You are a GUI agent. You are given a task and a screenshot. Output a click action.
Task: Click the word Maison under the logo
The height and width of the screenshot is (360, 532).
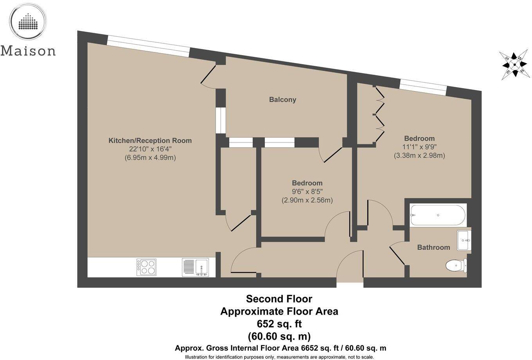(x=28, y=51)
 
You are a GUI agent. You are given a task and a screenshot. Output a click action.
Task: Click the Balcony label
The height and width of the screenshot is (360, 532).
(x=282, y=99)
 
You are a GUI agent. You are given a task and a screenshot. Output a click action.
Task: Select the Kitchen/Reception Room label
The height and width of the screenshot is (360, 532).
(x=150, y=140)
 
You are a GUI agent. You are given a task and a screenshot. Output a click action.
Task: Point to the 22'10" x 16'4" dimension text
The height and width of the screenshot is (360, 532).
(x=150, y=149)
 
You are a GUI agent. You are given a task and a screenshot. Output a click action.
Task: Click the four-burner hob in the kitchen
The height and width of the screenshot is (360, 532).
(x=146, y=267)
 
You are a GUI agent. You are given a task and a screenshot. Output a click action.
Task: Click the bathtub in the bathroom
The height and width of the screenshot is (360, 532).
(x=438, y=215)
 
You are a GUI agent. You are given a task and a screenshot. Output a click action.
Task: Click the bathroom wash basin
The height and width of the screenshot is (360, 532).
(x=464, y=240)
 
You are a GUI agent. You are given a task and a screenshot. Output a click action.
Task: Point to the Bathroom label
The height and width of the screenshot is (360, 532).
(x=433, y=247)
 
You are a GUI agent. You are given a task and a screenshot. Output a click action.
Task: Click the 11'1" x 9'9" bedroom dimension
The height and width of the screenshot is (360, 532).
(x=419, y=147)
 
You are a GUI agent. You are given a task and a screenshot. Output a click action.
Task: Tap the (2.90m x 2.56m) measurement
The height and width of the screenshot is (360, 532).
(x=307, y=200)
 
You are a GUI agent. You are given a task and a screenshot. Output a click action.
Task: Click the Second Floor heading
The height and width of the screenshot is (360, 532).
(x=279, y=299)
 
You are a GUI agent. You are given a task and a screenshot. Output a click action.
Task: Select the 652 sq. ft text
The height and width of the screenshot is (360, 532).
(x=279, y=324)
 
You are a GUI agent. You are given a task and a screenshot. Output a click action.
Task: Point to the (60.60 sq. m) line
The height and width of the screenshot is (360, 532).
(x=279, y=336)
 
